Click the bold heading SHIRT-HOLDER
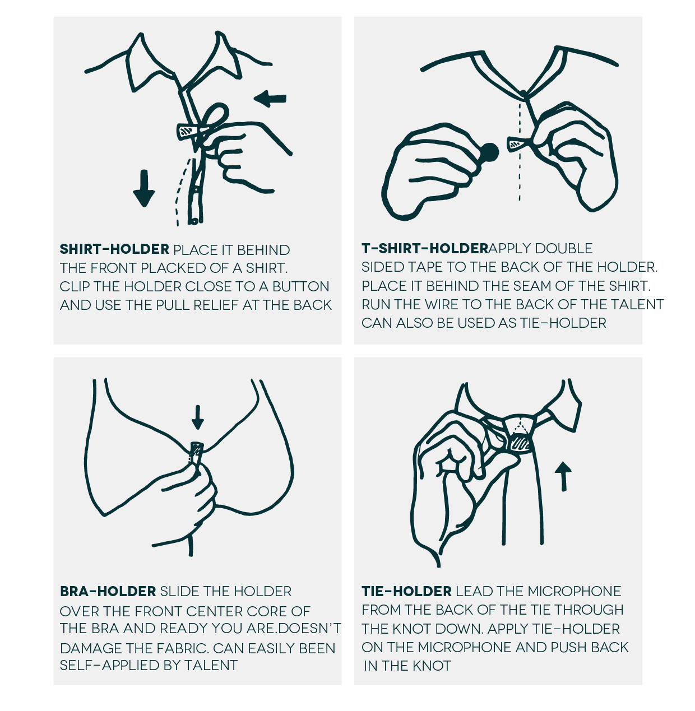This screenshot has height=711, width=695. pyautogui.click(x=114, y=249)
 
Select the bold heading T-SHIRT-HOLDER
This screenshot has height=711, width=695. pyautogui.click(x=425, y=248)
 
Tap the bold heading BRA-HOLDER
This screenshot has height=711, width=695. pyautogui.click(x=108, y=591)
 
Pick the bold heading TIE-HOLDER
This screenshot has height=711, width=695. pyautogui.click(x=407, y=591)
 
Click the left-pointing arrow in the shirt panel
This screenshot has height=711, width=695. pyautogui.click(x=270, y=99)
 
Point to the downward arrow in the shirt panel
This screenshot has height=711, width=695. pyautogui.click(x=144, y=188)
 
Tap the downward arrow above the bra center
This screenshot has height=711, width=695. pyautogui.click(x=198, y=417)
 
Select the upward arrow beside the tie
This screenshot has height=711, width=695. pyautogui.click(x=563, y=476)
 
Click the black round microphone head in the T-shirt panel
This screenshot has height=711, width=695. pyautogui.click(x=489, y=152)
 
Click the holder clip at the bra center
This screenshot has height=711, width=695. pyautogui.click(x=196, y=453)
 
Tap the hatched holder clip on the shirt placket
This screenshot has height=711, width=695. pyautogui.click(x=187, y=131)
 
